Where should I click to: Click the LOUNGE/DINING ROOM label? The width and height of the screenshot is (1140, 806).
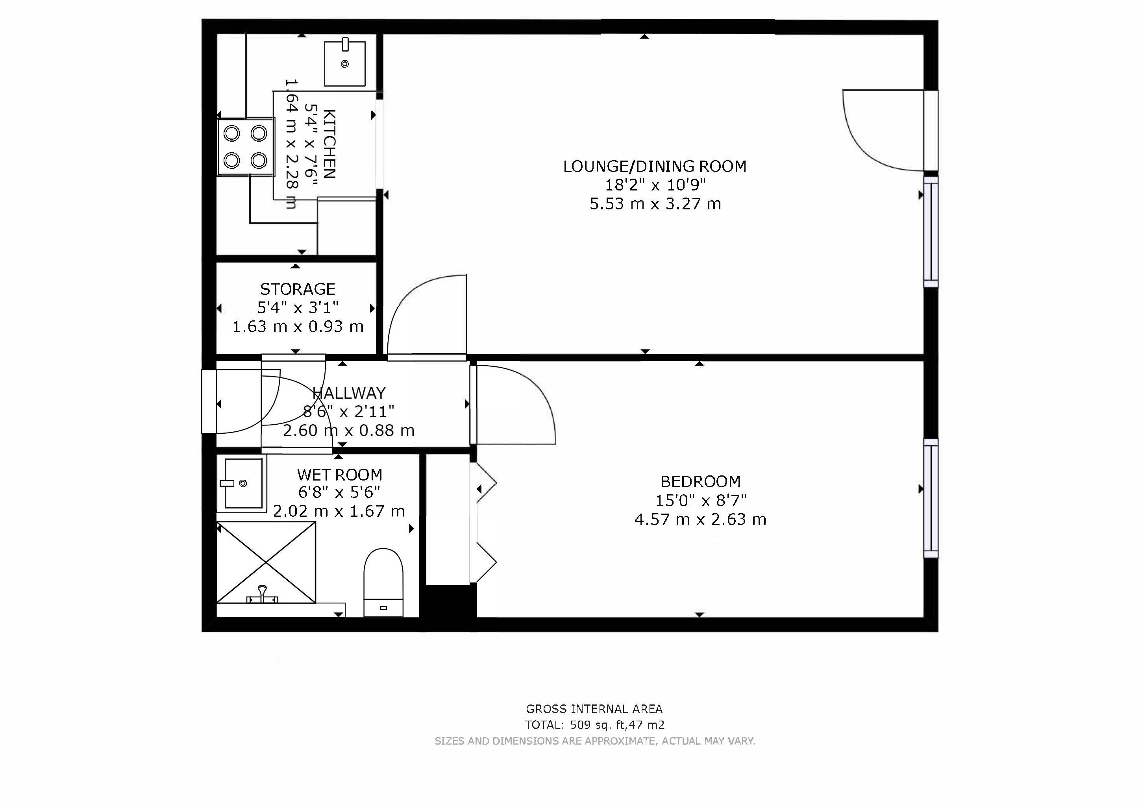pos(654,166)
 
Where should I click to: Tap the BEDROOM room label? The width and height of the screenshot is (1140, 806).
pos(700,481)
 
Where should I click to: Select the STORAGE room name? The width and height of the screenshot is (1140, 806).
pos(298,289)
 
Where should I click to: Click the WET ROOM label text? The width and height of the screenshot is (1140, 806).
pos(340,475)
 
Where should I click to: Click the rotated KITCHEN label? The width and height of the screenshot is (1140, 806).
pos(329,144)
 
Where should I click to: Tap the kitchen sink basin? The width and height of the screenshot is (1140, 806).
pos(344,63)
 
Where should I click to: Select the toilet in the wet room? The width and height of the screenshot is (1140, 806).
pos(383,582)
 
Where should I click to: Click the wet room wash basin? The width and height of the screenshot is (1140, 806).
pos(243,484)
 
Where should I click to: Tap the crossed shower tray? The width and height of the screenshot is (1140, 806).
pos(266,563)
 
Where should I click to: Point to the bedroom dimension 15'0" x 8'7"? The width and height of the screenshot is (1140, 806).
pos(700,500)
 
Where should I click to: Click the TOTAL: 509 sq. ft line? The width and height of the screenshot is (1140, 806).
pos(594,725)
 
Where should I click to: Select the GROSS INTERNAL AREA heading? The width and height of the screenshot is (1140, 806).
pos(594,709)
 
